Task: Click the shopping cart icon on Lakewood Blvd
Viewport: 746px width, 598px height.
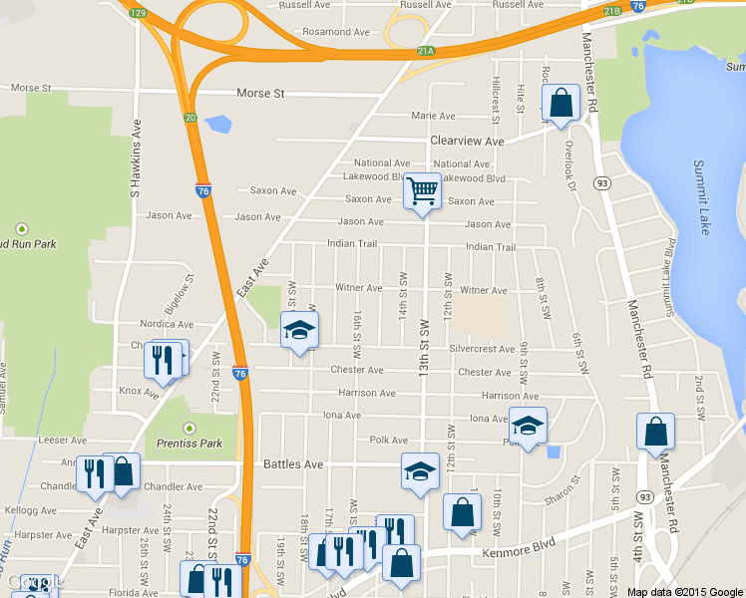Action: (422, 189)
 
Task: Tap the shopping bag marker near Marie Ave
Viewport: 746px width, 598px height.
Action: (560, 103)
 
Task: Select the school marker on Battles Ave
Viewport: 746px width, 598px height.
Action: (420, 471)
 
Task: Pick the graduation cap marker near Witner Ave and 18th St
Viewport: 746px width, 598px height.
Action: (298, 330)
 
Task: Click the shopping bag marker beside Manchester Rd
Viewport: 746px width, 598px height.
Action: (655, 432)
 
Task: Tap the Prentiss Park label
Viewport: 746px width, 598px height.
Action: (184, 443)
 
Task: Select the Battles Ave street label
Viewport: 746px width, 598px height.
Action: (293, 464)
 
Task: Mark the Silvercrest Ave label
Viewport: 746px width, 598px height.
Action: (487, 350)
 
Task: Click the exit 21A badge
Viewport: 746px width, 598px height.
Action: (426, 51)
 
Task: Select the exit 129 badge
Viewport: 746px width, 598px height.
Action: (138, 13)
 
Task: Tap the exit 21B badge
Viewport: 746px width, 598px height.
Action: (612, 11)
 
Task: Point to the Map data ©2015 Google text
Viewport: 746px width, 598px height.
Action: (685, 592)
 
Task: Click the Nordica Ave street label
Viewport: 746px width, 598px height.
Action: (167, 324)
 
